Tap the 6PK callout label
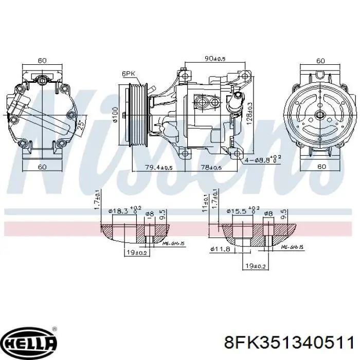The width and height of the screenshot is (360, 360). (128, 74)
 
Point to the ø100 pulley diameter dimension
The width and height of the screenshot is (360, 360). (115, 114)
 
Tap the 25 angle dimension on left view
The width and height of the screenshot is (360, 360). (80, 124)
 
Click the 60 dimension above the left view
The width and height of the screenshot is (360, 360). (42, 60)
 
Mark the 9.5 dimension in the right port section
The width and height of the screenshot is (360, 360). (284, 213)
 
